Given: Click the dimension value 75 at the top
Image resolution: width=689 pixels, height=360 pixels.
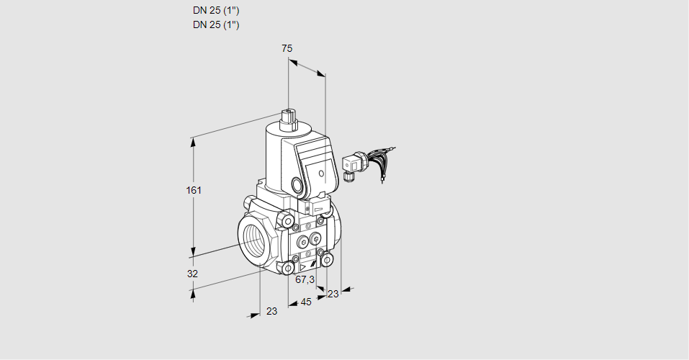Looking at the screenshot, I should tap(287, 48).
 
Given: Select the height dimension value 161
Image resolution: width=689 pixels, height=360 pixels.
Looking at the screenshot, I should tap(194, 190).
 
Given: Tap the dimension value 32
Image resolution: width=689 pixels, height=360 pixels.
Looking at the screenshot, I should tap(192, 274).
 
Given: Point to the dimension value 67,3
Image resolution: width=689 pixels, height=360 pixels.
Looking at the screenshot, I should tap(305, 279).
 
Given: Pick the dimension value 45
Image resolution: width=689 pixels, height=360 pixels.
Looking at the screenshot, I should tap(306, 302).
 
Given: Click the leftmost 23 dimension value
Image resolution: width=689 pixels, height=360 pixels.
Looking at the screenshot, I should tap(271, 311).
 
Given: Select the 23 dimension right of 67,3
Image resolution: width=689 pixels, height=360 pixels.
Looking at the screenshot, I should tap(333, 293).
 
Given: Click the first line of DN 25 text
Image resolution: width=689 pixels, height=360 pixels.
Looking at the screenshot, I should tap(216, 11).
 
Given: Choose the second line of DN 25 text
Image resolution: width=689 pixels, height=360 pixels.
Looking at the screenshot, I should tap(216, 24).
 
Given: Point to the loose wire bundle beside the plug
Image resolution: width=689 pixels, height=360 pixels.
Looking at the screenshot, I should tap(382, 159).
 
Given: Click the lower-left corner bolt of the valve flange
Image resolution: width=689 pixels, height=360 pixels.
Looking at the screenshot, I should tap(289, 269).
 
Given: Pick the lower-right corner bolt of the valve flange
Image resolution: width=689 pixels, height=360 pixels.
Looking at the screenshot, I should tap(328, 258).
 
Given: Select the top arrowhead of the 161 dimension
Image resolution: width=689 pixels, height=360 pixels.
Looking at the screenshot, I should tap(193, 141).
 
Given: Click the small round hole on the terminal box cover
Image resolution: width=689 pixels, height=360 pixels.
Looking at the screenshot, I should tap(322, 173).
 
